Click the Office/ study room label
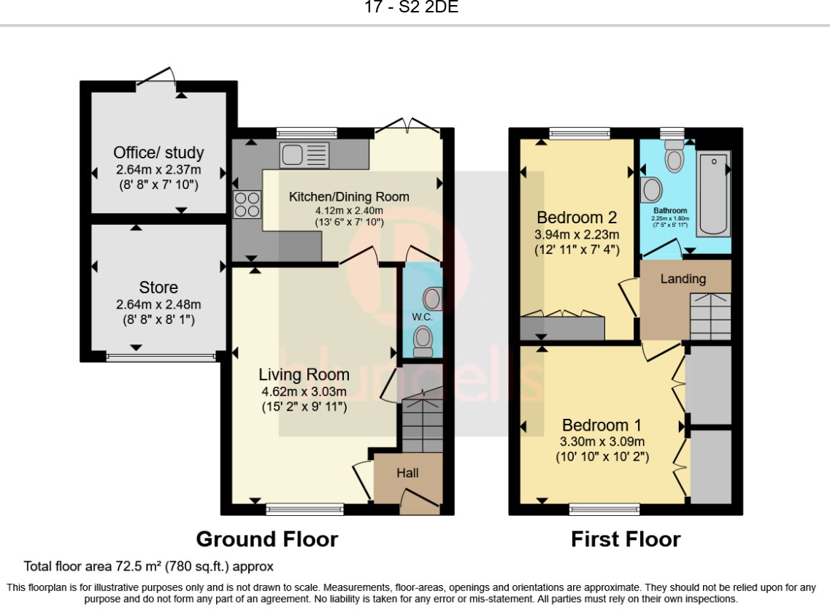click(x=158, y=152)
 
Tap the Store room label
click(x=158, y=287)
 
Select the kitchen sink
click(x=304, y=155)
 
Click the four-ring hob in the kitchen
click(x=247, y=205)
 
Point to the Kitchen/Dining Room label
click(x=349, y=197)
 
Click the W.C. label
click(x=423, y=317)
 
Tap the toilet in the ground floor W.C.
click(x=423, y=341)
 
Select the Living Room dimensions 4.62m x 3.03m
click(x=304, y=392)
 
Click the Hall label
click(x=407, y=473)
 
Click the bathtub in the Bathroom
click(x=713, y=193)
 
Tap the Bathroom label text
click(x=670, y=211)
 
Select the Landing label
click(x=683, y=279)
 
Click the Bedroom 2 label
click(x=577, y=217)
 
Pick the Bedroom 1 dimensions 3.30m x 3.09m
click(x=602, y=441)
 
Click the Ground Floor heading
click(x=266, y=539)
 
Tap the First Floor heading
click(x=626, y=539)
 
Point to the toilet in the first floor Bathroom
click(x=675, y=155)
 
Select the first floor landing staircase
click(x=710, y=317)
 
